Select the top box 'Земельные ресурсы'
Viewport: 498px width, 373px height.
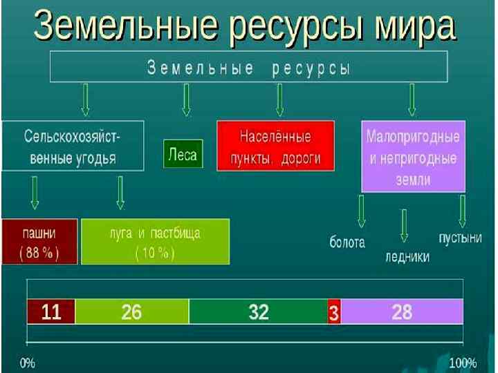coord(249,68)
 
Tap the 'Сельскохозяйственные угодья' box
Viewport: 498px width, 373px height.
coord(73,145)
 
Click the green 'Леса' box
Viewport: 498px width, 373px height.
coord(183,154)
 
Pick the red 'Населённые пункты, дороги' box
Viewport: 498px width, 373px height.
coord(275,145)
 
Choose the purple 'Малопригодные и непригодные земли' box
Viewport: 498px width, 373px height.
coord(413,157)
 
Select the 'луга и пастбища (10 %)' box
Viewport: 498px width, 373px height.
coord(155,241)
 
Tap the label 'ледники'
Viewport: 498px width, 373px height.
coord(407,257)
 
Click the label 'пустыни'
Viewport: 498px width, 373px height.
coord(459,238)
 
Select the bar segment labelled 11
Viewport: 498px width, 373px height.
coord(50,312)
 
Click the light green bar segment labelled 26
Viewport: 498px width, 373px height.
coord(131,312)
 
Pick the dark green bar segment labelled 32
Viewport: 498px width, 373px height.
coord(258,312)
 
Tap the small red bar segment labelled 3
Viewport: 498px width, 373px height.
coord(334,313)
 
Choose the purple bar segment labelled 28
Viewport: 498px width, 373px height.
coord(402,312)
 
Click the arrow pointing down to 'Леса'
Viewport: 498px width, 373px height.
coord(185,100)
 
